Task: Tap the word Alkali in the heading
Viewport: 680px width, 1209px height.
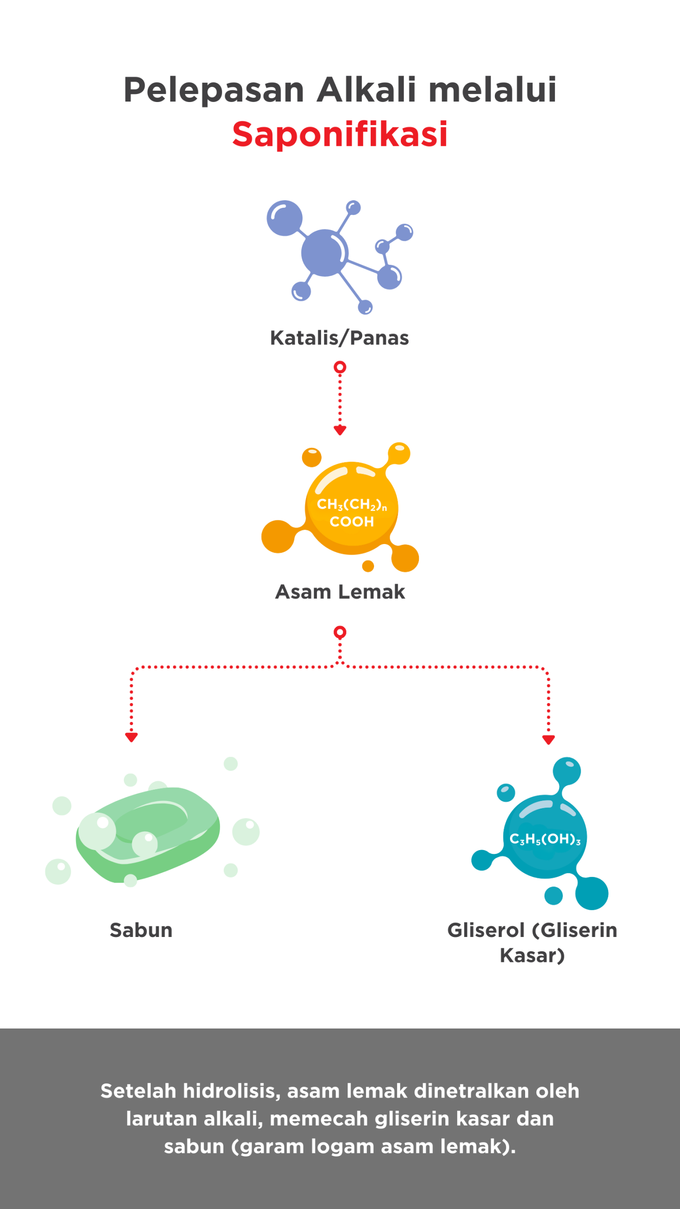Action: pos(366,89)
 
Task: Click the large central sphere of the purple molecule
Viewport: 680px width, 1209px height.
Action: pos(324,253)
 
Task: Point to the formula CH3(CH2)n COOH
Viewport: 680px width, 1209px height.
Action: pos(352,512)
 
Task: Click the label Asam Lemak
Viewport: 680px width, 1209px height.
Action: pos(340,592)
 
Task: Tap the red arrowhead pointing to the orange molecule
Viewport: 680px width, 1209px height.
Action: pos(340,430)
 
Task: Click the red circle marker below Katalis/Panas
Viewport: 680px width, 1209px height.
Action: pos(340,367)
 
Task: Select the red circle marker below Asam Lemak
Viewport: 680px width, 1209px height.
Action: pos(340,632)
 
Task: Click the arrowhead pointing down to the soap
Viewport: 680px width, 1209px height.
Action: pos(131,737)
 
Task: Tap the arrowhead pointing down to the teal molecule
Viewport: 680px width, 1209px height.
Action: pos(548,740)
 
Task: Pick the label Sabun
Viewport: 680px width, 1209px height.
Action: pos(141,930)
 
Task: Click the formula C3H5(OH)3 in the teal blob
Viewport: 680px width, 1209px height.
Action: pos(545,839)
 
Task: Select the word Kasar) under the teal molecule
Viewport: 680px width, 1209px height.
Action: pos(532,956)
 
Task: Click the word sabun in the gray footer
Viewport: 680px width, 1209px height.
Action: pos(194,1147)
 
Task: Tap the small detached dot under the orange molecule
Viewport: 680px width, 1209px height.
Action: pos(368,566)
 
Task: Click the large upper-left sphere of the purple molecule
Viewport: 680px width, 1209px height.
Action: pos(284,218)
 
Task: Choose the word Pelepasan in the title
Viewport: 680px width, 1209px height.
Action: pos(214,90)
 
